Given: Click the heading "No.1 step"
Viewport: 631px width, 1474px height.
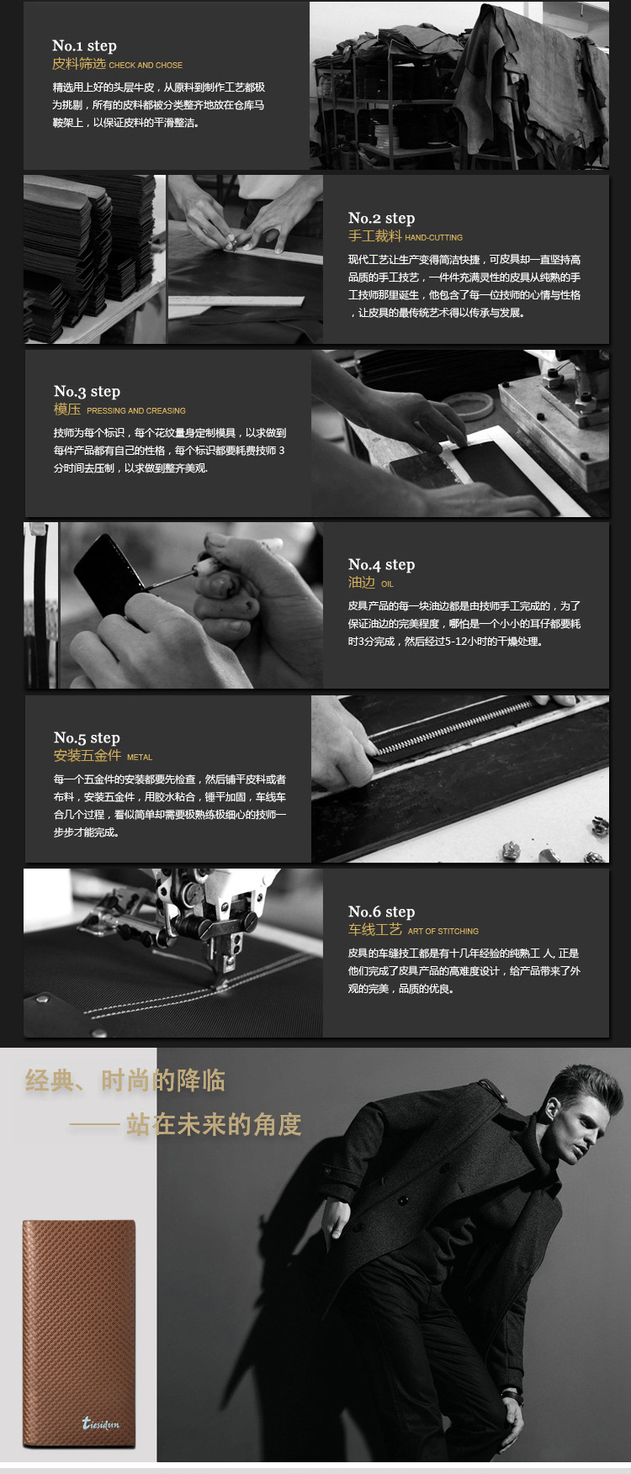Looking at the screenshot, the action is tap(84, 45).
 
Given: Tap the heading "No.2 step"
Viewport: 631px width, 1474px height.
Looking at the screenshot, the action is tap(381, 218).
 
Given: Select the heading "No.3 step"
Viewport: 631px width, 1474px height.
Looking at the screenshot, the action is tap(87, 391).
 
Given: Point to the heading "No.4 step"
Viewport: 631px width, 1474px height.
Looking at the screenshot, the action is tap(381, 564).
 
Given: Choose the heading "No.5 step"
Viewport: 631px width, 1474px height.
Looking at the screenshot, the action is tap(87, 737).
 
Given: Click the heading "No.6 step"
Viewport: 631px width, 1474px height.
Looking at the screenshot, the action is tap(381, 911).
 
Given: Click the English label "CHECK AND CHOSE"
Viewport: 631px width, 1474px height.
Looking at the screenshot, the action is tap(146, 65).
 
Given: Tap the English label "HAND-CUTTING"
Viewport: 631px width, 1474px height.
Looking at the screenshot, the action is tap(434, 238).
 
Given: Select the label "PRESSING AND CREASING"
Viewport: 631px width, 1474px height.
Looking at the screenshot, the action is tap(136, 411).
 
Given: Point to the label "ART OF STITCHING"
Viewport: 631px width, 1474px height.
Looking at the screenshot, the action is tap(443, 932).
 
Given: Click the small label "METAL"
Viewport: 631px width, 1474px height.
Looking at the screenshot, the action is tap(140, 758).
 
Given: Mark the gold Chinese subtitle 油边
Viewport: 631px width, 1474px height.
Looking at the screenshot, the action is tap(362, 583).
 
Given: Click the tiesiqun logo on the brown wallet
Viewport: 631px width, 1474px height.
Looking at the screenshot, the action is tap(101, 1423).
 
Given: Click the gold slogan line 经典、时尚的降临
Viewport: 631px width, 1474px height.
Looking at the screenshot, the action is tap(125, 1080).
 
